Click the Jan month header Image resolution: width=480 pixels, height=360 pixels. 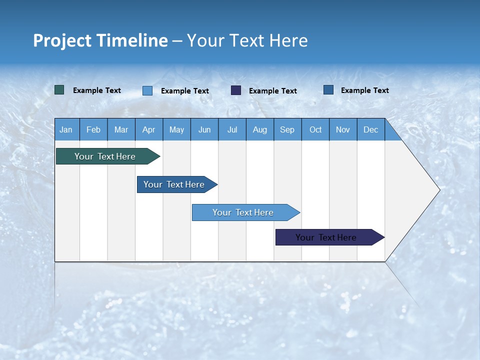[x=66, y=129]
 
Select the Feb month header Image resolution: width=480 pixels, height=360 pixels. [x=93, y=129]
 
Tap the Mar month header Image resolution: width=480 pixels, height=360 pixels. [x=121, y=129]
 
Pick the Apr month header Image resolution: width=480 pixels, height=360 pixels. [x=149, y=129]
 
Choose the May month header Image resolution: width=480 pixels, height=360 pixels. [x=176, y=129]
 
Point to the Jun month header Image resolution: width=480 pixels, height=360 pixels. [x=204, y=129]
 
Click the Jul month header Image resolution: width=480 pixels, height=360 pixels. [x=232, y=129]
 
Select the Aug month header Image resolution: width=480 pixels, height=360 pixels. [x=260, y=129]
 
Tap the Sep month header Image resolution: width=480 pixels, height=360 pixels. [x=287, y=129]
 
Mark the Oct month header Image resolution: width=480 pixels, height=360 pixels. [x=315, y=129]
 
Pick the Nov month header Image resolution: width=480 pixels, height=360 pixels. [x=343, y=129]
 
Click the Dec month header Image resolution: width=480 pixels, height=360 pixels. [x=371, y=129]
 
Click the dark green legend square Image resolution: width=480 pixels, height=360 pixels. [x=59, y=90]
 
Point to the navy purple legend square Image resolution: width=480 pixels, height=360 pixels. [x=236, y=90]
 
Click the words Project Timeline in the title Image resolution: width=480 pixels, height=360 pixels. [x=100, y=40]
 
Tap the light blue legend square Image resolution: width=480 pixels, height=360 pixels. [x=147, y=90]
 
